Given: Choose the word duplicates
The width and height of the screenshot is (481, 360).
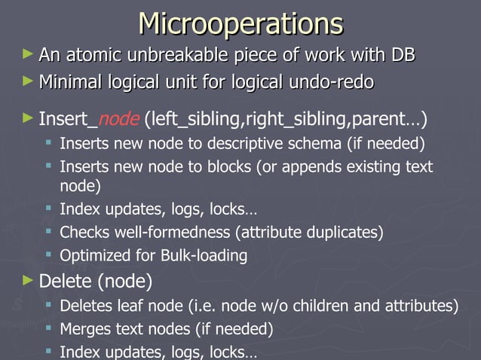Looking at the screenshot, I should (x=344, y=233).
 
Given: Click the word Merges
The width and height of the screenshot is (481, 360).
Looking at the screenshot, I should (x=84, y=329).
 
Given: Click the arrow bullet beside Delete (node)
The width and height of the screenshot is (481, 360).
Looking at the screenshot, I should (x=28, y=280).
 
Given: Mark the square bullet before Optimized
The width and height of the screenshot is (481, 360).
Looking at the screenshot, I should (x=50, y=256).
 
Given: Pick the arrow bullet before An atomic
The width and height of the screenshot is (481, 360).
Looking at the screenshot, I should (x=28, y=54).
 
